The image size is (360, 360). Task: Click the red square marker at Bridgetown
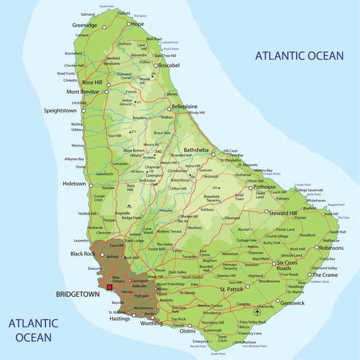click(109, 287)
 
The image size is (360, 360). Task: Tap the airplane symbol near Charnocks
click(258, 312)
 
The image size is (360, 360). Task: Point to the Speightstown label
click(60, 111)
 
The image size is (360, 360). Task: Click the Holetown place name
click(74, 184)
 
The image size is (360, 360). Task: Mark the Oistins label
click(188, 331)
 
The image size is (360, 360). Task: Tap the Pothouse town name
click(264, 187)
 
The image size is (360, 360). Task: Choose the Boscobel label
click(168, 65)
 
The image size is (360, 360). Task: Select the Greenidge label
click(84, 26)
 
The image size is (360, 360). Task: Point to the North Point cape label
click(107, 6)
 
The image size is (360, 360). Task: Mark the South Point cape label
click(218, 354)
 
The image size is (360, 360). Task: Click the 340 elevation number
click(158, 152)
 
